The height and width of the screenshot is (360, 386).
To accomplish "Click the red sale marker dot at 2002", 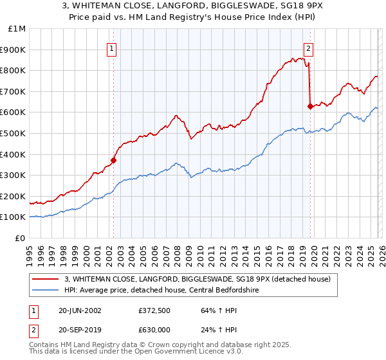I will click(x=114, y=160).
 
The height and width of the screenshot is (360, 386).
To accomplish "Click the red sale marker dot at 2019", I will click(x=310, y=106).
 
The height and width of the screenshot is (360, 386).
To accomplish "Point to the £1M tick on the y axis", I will click(x=17, y=28).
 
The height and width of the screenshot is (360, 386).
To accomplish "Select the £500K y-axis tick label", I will click(x=13, y=133).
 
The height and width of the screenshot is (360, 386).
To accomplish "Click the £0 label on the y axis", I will click(x=21, y=238).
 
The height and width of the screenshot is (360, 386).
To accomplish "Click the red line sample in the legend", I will click(x=46, y=279).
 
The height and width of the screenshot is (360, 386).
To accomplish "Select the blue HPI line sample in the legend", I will click(x=46, y=290).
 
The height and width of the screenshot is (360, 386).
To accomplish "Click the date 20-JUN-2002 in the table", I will click(x=78, y=310).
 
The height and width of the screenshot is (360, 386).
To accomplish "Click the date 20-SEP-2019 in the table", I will click(x=78, y=330).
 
